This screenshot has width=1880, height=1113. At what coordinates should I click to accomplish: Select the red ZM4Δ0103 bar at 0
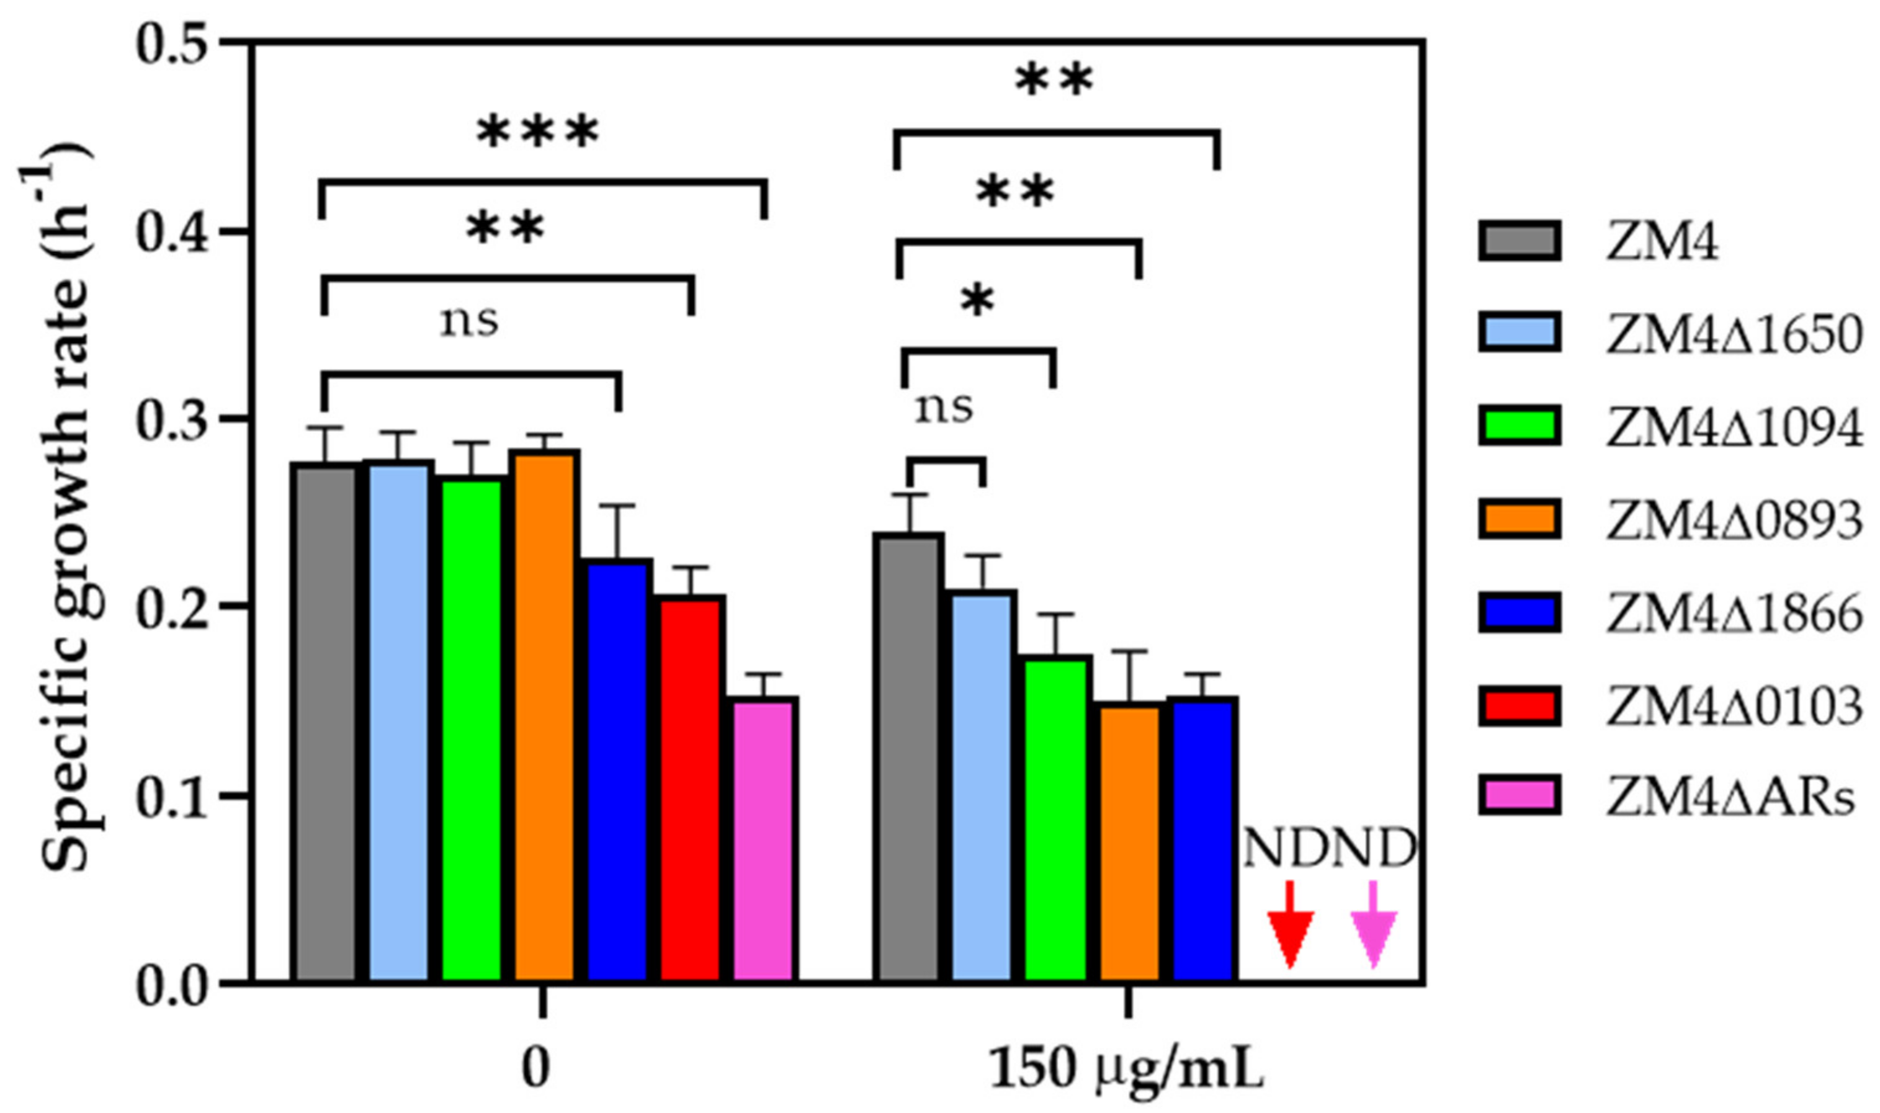[x=691, y=787]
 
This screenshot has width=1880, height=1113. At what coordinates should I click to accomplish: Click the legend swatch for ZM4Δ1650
[x=1520, y=334]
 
